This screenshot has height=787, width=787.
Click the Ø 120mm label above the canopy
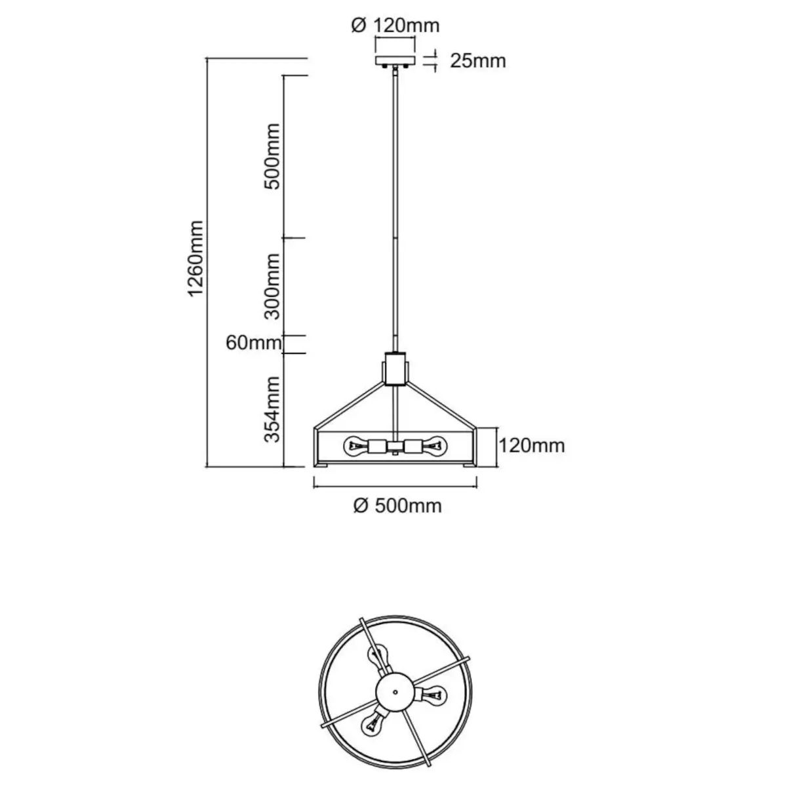[395, 26]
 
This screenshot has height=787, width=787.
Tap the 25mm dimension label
[478, 61]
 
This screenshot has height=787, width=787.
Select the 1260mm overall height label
[196, 258]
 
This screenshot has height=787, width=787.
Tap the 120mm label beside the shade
[532, 446]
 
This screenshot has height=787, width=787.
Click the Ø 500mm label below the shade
[397, 506]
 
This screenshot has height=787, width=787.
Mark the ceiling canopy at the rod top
[395, 62]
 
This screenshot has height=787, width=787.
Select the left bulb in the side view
[356, 447]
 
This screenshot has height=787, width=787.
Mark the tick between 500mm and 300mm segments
[294, 238]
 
